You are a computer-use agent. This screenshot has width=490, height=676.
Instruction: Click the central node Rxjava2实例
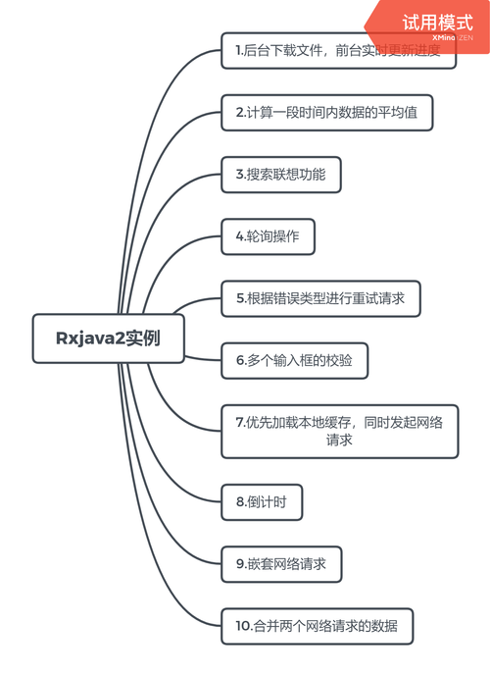tap(108, 338)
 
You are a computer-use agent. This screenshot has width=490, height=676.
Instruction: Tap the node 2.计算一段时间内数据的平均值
tap(326, 112)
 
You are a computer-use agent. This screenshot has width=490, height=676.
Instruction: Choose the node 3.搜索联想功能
tap(287, 175)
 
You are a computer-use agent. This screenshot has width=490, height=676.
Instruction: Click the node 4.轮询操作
tap(268, 236)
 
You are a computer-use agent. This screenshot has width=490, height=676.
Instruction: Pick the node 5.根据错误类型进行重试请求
tap(320, 298)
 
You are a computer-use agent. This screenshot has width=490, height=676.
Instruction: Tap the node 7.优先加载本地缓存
tap(339, 431)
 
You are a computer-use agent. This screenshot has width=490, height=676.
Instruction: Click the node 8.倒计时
tap(261, 501)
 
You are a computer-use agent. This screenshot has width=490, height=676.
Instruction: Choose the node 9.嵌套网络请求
tap(281, 564)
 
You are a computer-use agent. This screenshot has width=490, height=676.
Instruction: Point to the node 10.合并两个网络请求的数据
tap(317, 626)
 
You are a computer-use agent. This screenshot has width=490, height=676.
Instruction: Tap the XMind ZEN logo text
tap(452, 38)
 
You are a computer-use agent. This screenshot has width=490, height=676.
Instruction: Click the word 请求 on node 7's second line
tap(339, 441)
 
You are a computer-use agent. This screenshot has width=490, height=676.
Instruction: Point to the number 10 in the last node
tap(242, 626)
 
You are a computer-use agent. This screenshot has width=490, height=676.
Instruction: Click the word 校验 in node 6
tap(350, 360)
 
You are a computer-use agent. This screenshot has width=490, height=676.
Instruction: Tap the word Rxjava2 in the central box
tap(86, 338)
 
